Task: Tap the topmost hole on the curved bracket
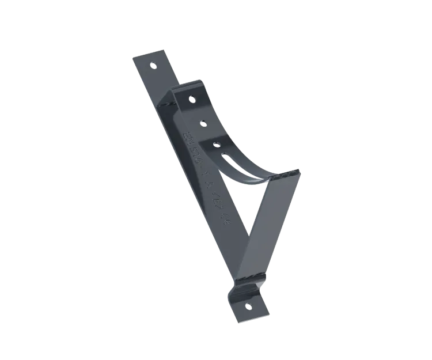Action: pyautogui.click(x=192, y=98)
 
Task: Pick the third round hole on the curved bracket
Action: pyautogui.click(x=217, y=142)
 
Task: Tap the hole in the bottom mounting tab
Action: pyautogui.click(x=248, y=305)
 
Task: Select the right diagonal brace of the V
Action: pyautogui.click(x=271, y=219)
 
